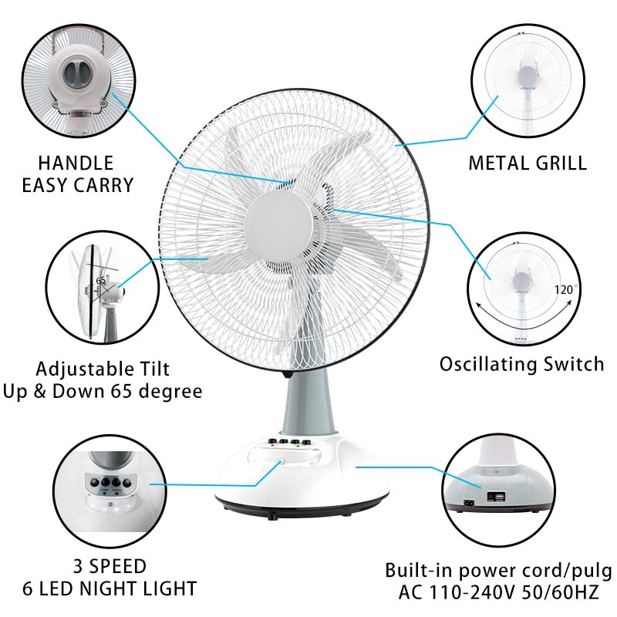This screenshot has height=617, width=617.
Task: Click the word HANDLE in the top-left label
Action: (x=76, y=163)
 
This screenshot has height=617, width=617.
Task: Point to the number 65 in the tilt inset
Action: (x=101, y=281)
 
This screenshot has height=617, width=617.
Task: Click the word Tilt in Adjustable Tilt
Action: (x=153, y=369)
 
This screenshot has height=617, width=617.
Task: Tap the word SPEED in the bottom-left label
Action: (x=118, y=567)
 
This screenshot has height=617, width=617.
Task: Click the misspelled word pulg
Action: (x=592, y=571)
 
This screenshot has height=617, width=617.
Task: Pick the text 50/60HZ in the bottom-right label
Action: (x=561, y=592)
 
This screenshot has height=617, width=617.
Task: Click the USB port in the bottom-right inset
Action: (x=500, y=498)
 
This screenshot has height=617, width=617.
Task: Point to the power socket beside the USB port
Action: (x=469, y=503)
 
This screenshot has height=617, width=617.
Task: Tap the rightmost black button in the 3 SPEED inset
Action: (x=126, y=484)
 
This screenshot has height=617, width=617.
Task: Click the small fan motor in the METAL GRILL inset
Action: (x=528, y=75)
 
